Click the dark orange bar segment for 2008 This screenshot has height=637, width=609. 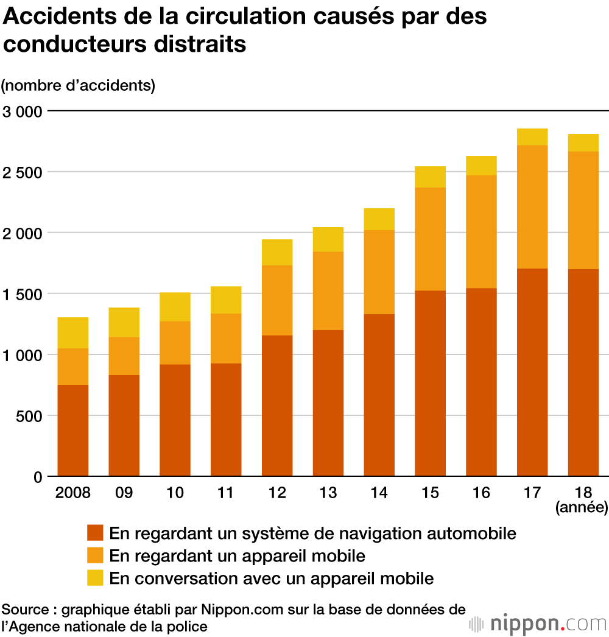[x=72, y=430]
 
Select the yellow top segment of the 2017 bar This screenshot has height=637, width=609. [x=532, y=137]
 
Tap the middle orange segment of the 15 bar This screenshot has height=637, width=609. [x=430, y=239]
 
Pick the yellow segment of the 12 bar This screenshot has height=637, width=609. [x=277, y=252]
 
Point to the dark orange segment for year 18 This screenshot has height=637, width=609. [x=583, y=372]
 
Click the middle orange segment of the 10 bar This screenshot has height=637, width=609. [x=175, y=342]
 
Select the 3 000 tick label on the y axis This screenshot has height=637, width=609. [x=22, y=111]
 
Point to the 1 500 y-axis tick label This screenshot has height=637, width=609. [x=22, y=294]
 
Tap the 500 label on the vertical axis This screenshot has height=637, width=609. [x=29, y=416]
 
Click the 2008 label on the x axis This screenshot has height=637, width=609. [x=72, y=493]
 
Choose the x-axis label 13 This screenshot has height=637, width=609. [x=328, y=493]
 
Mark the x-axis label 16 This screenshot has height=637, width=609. [x=481, y=493]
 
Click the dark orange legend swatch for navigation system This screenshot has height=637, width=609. [x=96, y=533]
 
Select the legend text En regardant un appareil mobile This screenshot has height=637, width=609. [x=237, y=555]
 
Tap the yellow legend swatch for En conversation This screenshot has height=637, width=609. [x=96, y=577]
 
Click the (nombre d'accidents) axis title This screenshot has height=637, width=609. [x=79, y=85]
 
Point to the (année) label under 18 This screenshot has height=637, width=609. [x=582, y=507]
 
